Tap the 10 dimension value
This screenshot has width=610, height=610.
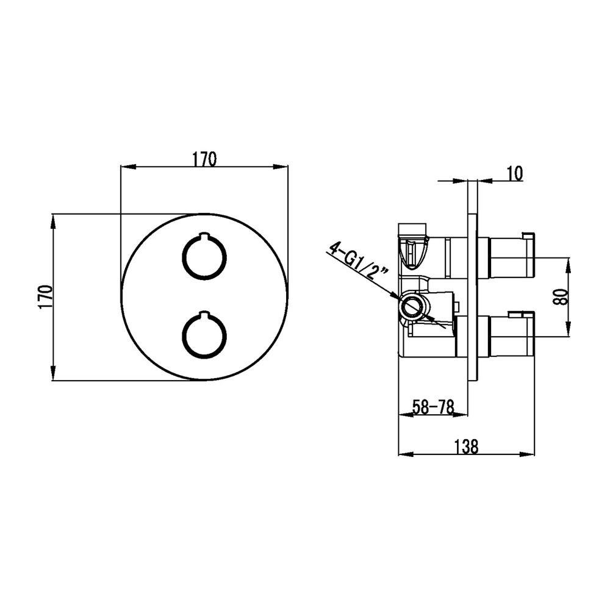pos(515,173)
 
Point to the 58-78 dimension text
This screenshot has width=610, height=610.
pos(433,407)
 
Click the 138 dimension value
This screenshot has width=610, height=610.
pos(467,447)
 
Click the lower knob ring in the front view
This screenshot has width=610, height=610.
pos(204,334)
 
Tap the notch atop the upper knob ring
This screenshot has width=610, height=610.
pos(204,235)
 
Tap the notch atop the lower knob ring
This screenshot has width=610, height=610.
pos(204,313)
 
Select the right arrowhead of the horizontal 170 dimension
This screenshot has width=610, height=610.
pos(281,167)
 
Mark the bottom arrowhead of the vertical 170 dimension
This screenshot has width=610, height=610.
pos(53,373)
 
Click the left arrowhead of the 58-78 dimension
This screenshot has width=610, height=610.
pos(406,415)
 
